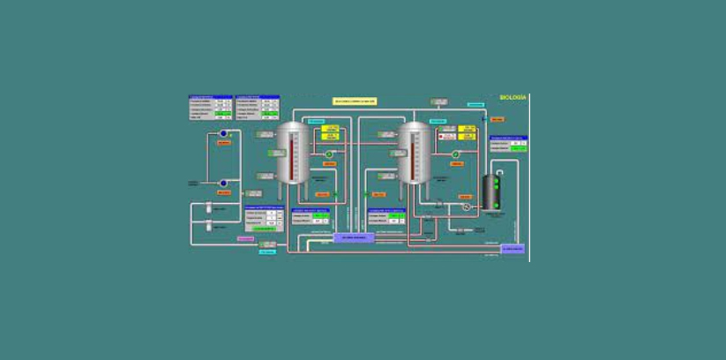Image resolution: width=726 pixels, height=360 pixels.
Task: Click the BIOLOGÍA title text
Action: click(512, 97)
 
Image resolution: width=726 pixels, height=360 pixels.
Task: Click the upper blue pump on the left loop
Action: click(223, 134)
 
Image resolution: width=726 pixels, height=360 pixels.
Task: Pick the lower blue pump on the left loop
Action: click(223, 184)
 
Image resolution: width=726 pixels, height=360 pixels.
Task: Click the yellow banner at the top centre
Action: click(355, 101)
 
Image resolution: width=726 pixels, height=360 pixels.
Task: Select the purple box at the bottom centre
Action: click(355, 237)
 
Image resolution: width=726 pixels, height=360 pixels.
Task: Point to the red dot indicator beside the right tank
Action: click(440, 136)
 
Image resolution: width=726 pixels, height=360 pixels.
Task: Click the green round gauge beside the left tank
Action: click(329, 154)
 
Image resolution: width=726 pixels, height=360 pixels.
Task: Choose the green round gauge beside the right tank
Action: click(455, 154)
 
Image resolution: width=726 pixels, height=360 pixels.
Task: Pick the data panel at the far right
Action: click(508, 144)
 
